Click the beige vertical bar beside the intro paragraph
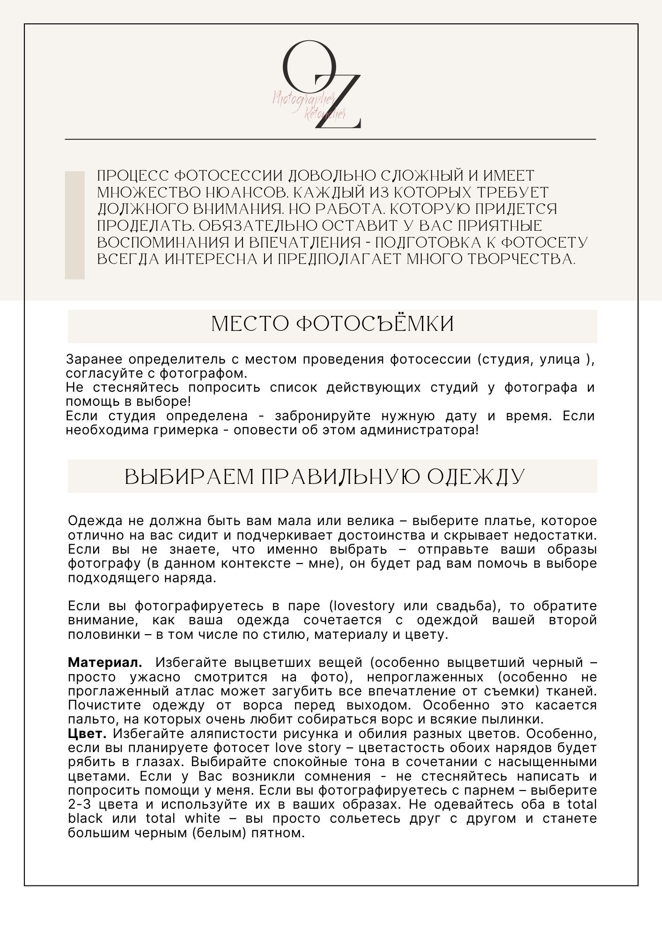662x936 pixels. coord(74,225)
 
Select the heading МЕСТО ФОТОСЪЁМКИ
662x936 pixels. coord(332,324)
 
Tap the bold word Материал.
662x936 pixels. coord(105,663)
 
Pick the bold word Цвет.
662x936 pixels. coord(87,733)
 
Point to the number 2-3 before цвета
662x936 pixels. coord(80,804)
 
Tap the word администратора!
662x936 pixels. coord(419,430)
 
